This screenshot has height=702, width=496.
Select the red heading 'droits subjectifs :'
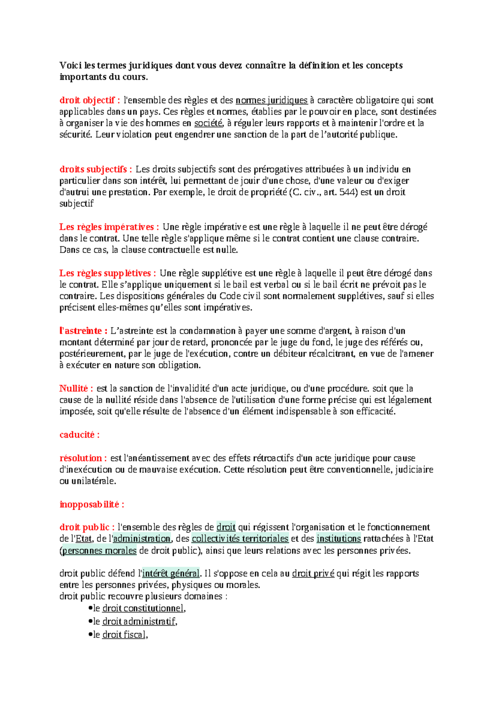[x=96, y=169]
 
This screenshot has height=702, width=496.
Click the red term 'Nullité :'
[x=76, y=388]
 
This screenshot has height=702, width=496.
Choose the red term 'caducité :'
[x=79, y=435]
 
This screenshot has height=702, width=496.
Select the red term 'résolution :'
[x=83, y=458]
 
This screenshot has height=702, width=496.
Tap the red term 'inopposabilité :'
[x=92, y=504]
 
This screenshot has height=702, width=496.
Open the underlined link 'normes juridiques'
[x=272, y=100]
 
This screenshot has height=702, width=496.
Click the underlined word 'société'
[x=208, y=123]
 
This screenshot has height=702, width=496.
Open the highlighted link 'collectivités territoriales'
[x=240, y=539]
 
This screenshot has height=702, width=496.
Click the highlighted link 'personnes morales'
[x=99, y=551]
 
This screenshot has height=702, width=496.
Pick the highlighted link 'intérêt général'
[x=171, y=574]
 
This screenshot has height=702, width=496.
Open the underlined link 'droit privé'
[x=313, y=574]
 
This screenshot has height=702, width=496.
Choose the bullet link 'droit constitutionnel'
[x=143, y=608]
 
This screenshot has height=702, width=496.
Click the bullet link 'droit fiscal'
[x=124, y=635]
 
